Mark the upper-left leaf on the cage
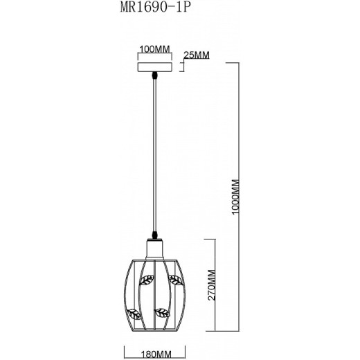pyautogui.click(x=146, y=280)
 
